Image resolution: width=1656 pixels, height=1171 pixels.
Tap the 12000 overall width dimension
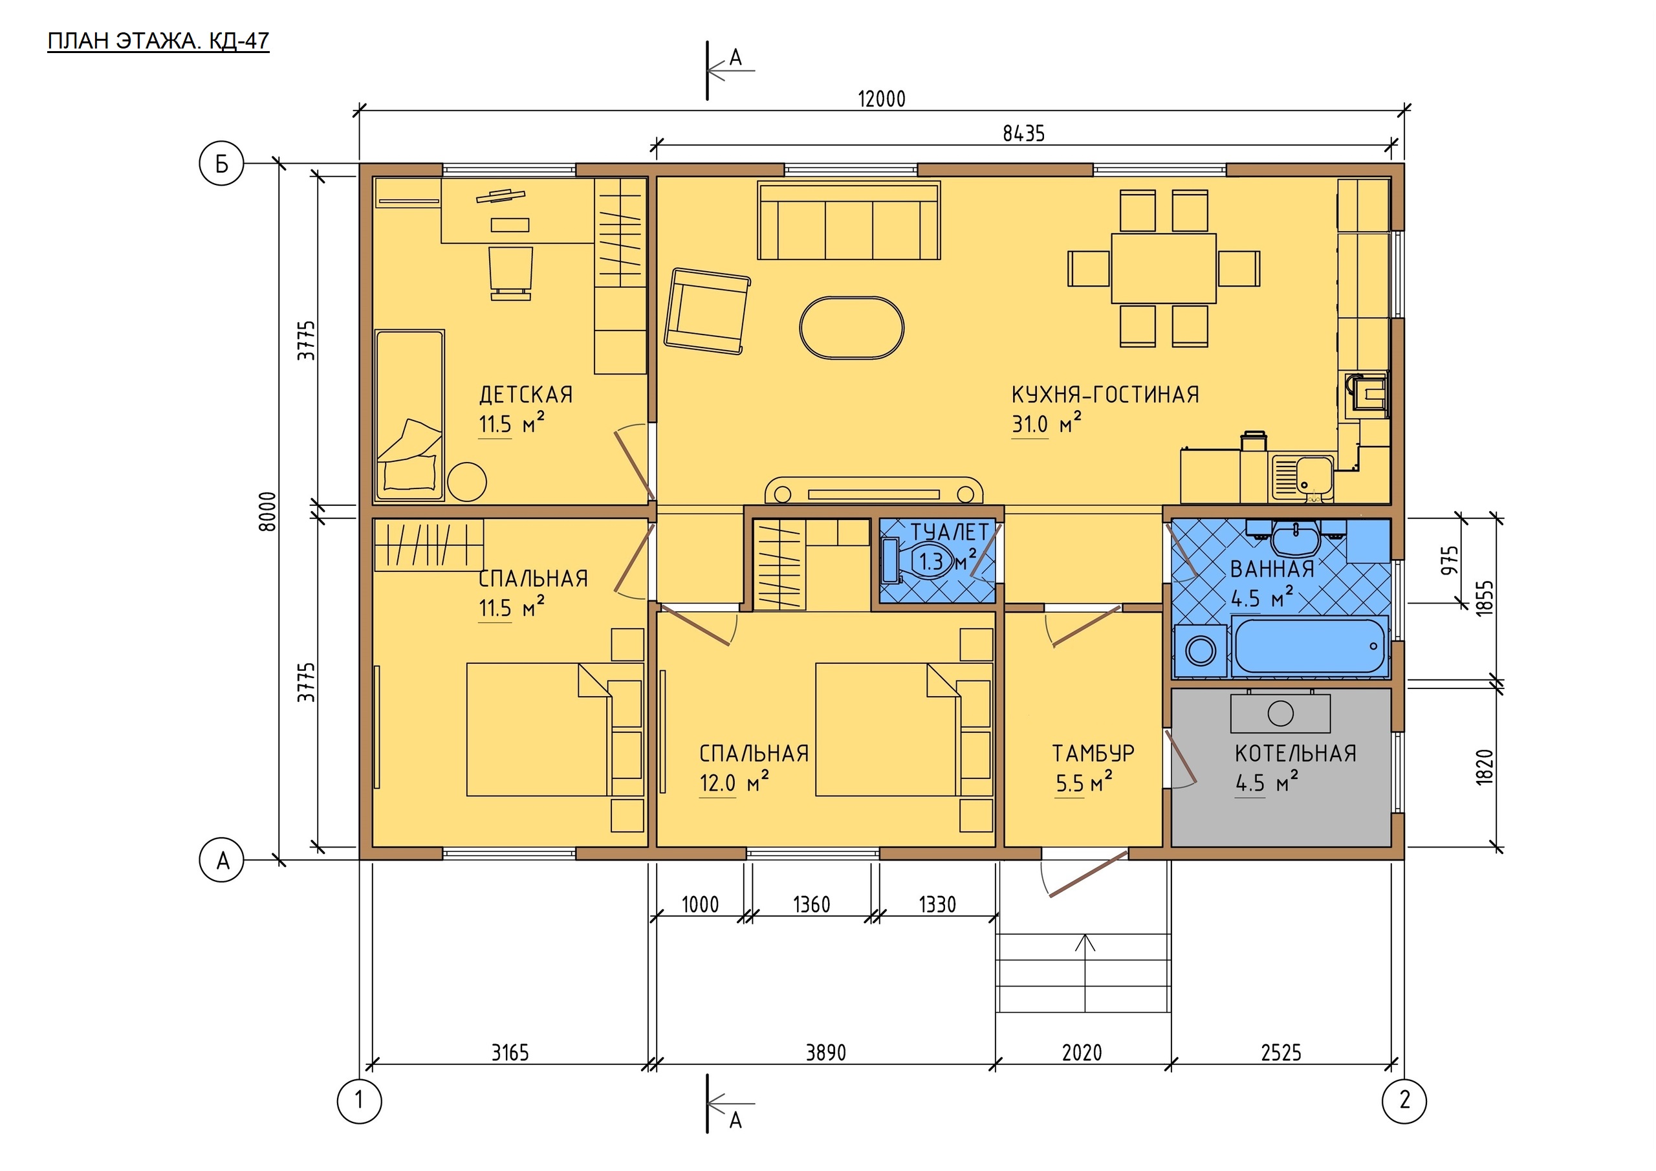882,99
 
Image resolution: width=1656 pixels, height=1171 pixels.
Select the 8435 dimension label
1023,133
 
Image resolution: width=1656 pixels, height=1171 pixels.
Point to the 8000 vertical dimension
268,512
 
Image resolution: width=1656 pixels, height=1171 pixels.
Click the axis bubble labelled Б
221,164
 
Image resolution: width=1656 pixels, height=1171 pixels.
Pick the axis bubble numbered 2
1404,1101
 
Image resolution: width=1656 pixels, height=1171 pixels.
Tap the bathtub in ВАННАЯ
1310,646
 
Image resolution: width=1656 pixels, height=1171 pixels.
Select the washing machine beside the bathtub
1200,651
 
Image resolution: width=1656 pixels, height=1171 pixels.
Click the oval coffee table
852,327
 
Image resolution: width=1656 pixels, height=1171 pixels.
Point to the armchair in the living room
707,312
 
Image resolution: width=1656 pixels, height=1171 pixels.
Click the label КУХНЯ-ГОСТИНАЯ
1105,395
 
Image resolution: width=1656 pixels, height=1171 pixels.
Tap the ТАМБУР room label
1093,753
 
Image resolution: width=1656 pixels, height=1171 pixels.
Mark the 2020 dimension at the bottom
1082,1053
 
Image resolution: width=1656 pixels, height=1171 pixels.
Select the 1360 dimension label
811,904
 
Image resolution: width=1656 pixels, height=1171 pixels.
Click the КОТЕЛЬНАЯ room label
1296,754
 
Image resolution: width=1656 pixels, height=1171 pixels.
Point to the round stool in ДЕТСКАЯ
466,481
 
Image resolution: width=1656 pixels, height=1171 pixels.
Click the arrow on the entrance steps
1085,972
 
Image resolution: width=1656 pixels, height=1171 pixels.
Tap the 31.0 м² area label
1047,424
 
